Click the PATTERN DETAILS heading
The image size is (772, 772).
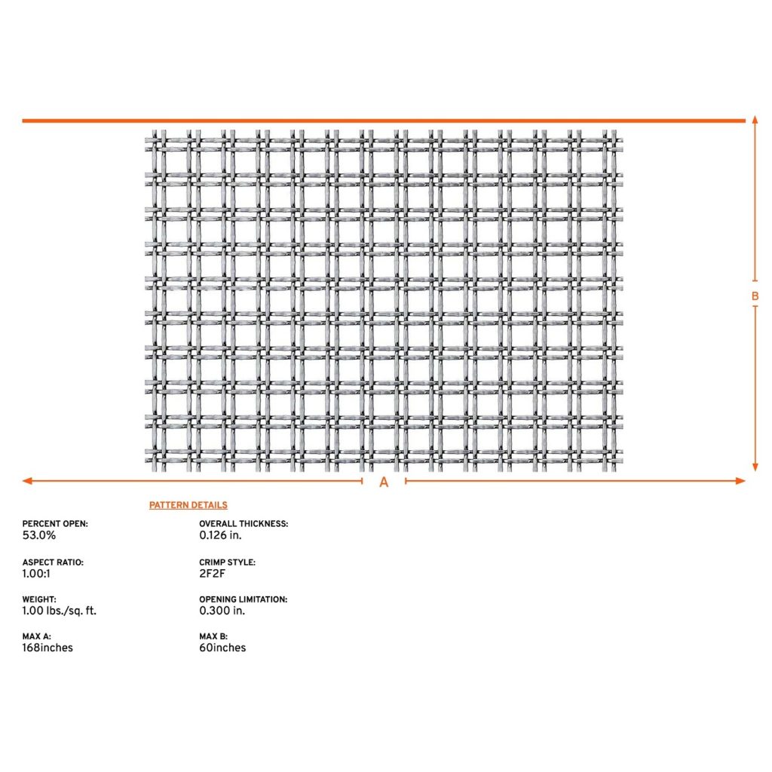pos(188,505)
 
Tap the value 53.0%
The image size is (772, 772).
pos(39,535)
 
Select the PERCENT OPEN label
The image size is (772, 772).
pos(55,523)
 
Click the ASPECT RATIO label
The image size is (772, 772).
pos(53,562)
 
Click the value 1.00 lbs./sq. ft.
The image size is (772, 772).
pos(60,611)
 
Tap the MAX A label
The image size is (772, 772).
pos(37,637)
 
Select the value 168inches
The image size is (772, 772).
pos(47,648)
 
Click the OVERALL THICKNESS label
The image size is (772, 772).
pos(244,523)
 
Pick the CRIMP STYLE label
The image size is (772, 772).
pos(227,562)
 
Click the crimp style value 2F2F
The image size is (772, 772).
pos(213,574)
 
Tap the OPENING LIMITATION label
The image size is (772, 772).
pos(243,599)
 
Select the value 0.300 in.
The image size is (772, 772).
pos(222,611)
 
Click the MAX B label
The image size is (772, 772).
pos(213,637)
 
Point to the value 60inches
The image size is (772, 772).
pos(222,648)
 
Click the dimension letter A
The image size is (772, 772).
pos(384,482)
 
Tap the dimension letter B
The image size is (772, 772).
pos(755,296)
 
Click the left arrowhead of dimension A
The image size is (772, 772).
pos(27,481)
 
